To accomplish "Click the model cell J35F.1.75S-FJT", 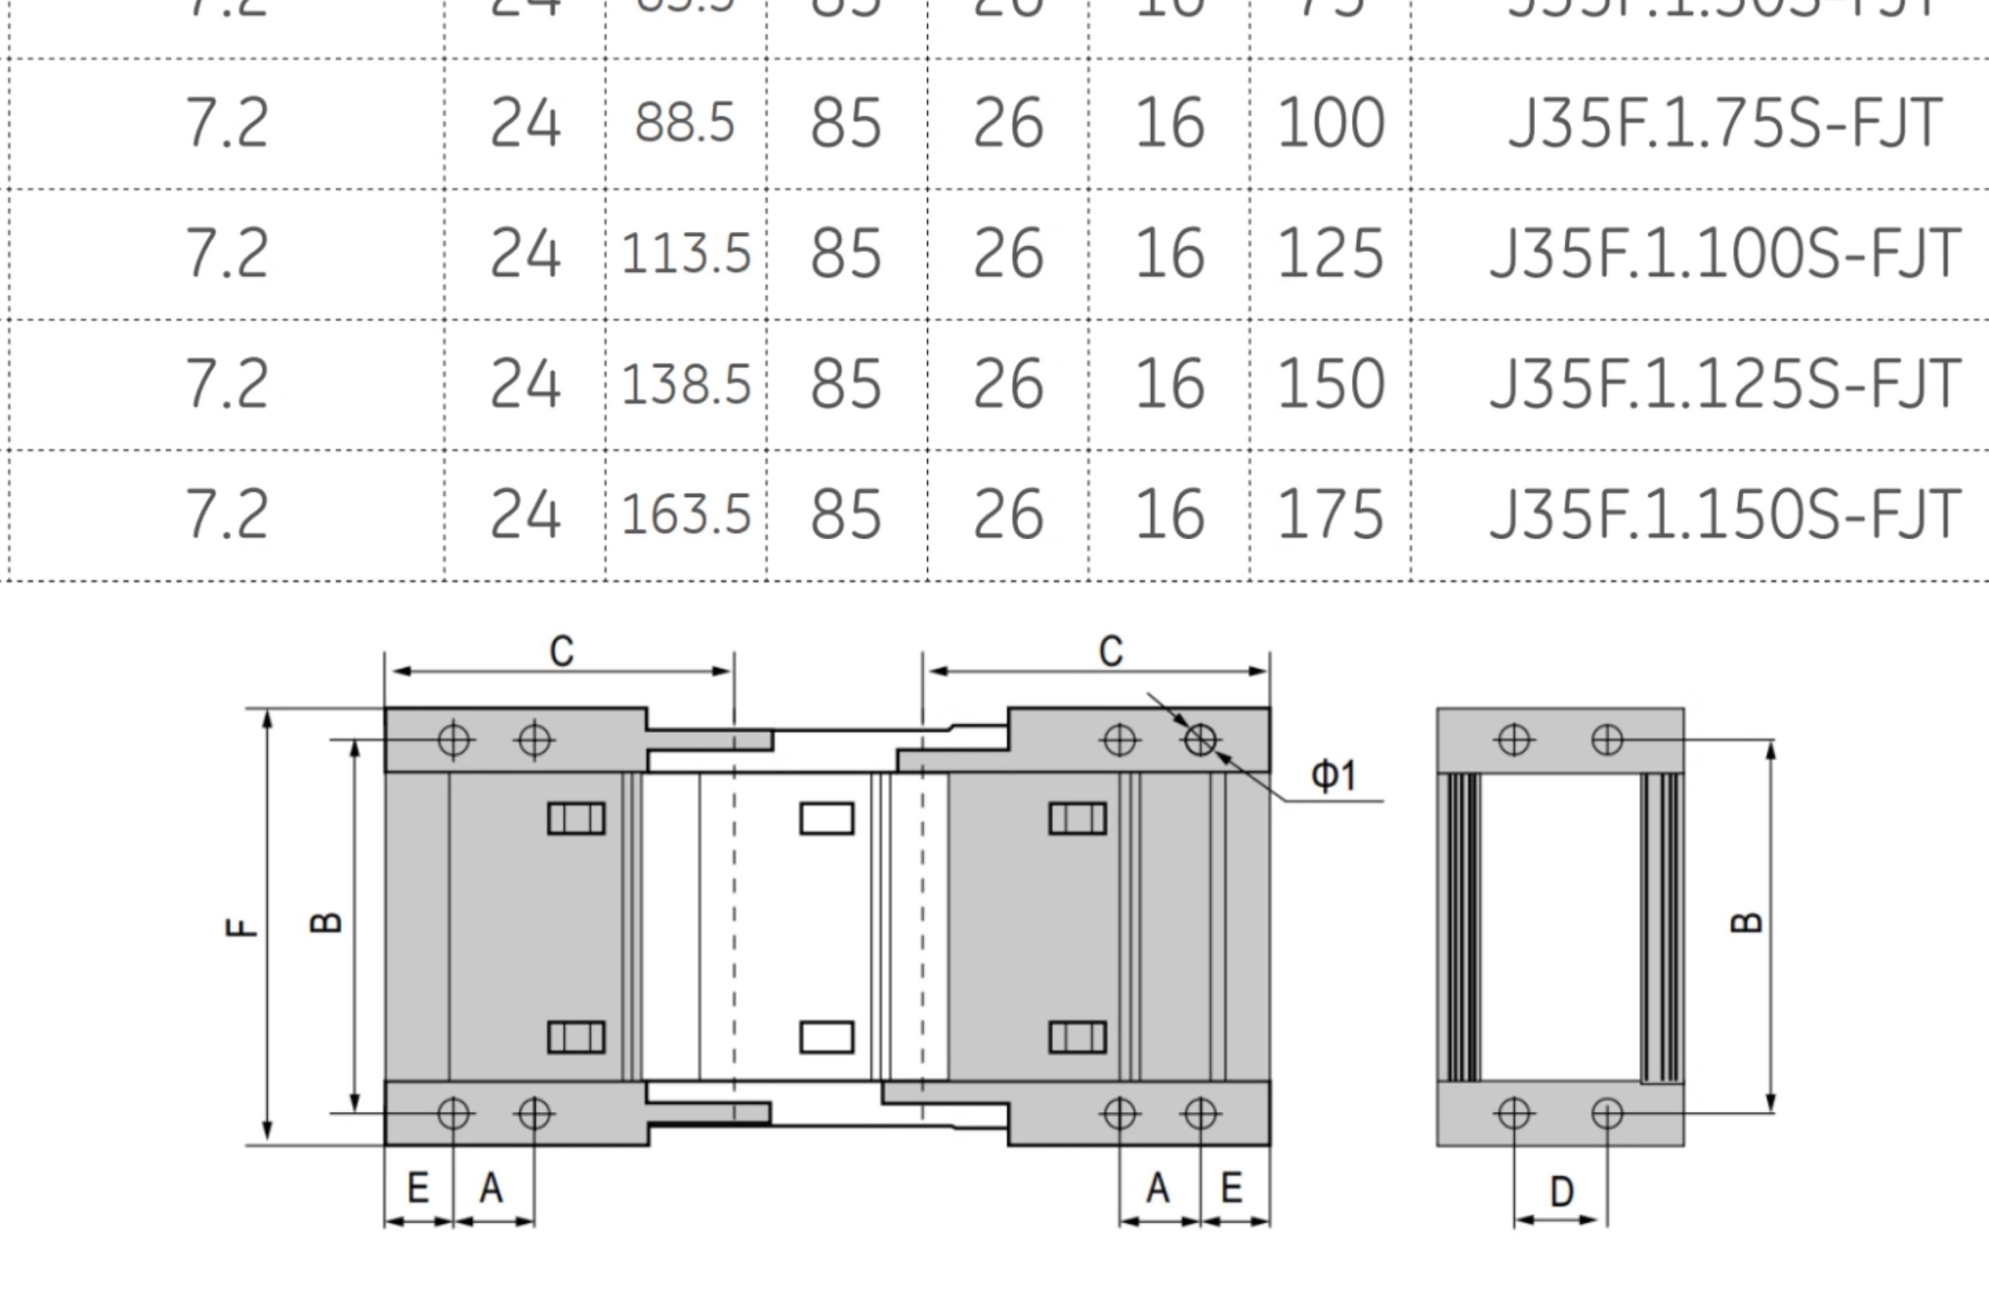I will (x=1724, y=123).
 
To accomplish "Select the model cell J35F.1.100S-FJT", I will (x=1724, y=253).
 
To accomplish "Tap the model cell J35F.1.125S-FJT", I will (x=1724, y=384).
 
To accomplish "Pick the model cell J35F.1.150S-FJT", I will (x=1724, y=513).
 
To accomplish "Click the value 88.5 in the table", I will (x=684, y=123).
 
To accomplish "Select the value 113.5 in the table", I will (x=685, y=253).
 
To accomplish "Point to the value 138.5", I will (x=685, y=384).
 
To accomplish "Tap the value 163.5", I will (x=685, y=513).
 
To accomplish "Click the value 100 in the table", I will (x=1331, y=123).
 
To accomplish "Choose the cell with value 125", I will (x=1331, y=253).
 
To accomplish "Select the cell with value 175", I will (x=1331, y=513).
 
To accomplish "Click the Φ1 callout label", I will (x=1333, y=775).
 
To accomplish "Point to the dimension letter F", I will (x=241, y=927).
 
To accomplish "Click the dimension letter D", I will (x=1561, y=1191).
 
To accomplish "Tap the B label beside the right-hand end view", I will (x=1746, y=922).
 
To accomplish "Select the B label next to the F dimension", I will (x=326, y=922).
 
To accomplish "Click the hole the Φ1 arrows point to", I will (x=1200, y=740).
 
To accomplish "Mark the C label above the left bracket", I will (x=561, y=651).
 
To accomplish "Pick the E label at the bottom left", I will (x=418, y=1187).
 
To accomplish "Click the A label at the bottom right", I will (x=1157, y=1187).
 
